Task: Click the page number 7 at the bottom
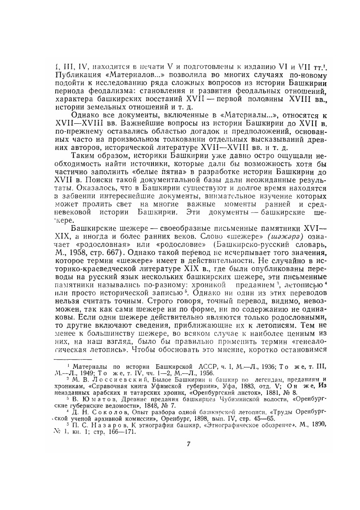click(188, 443)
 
